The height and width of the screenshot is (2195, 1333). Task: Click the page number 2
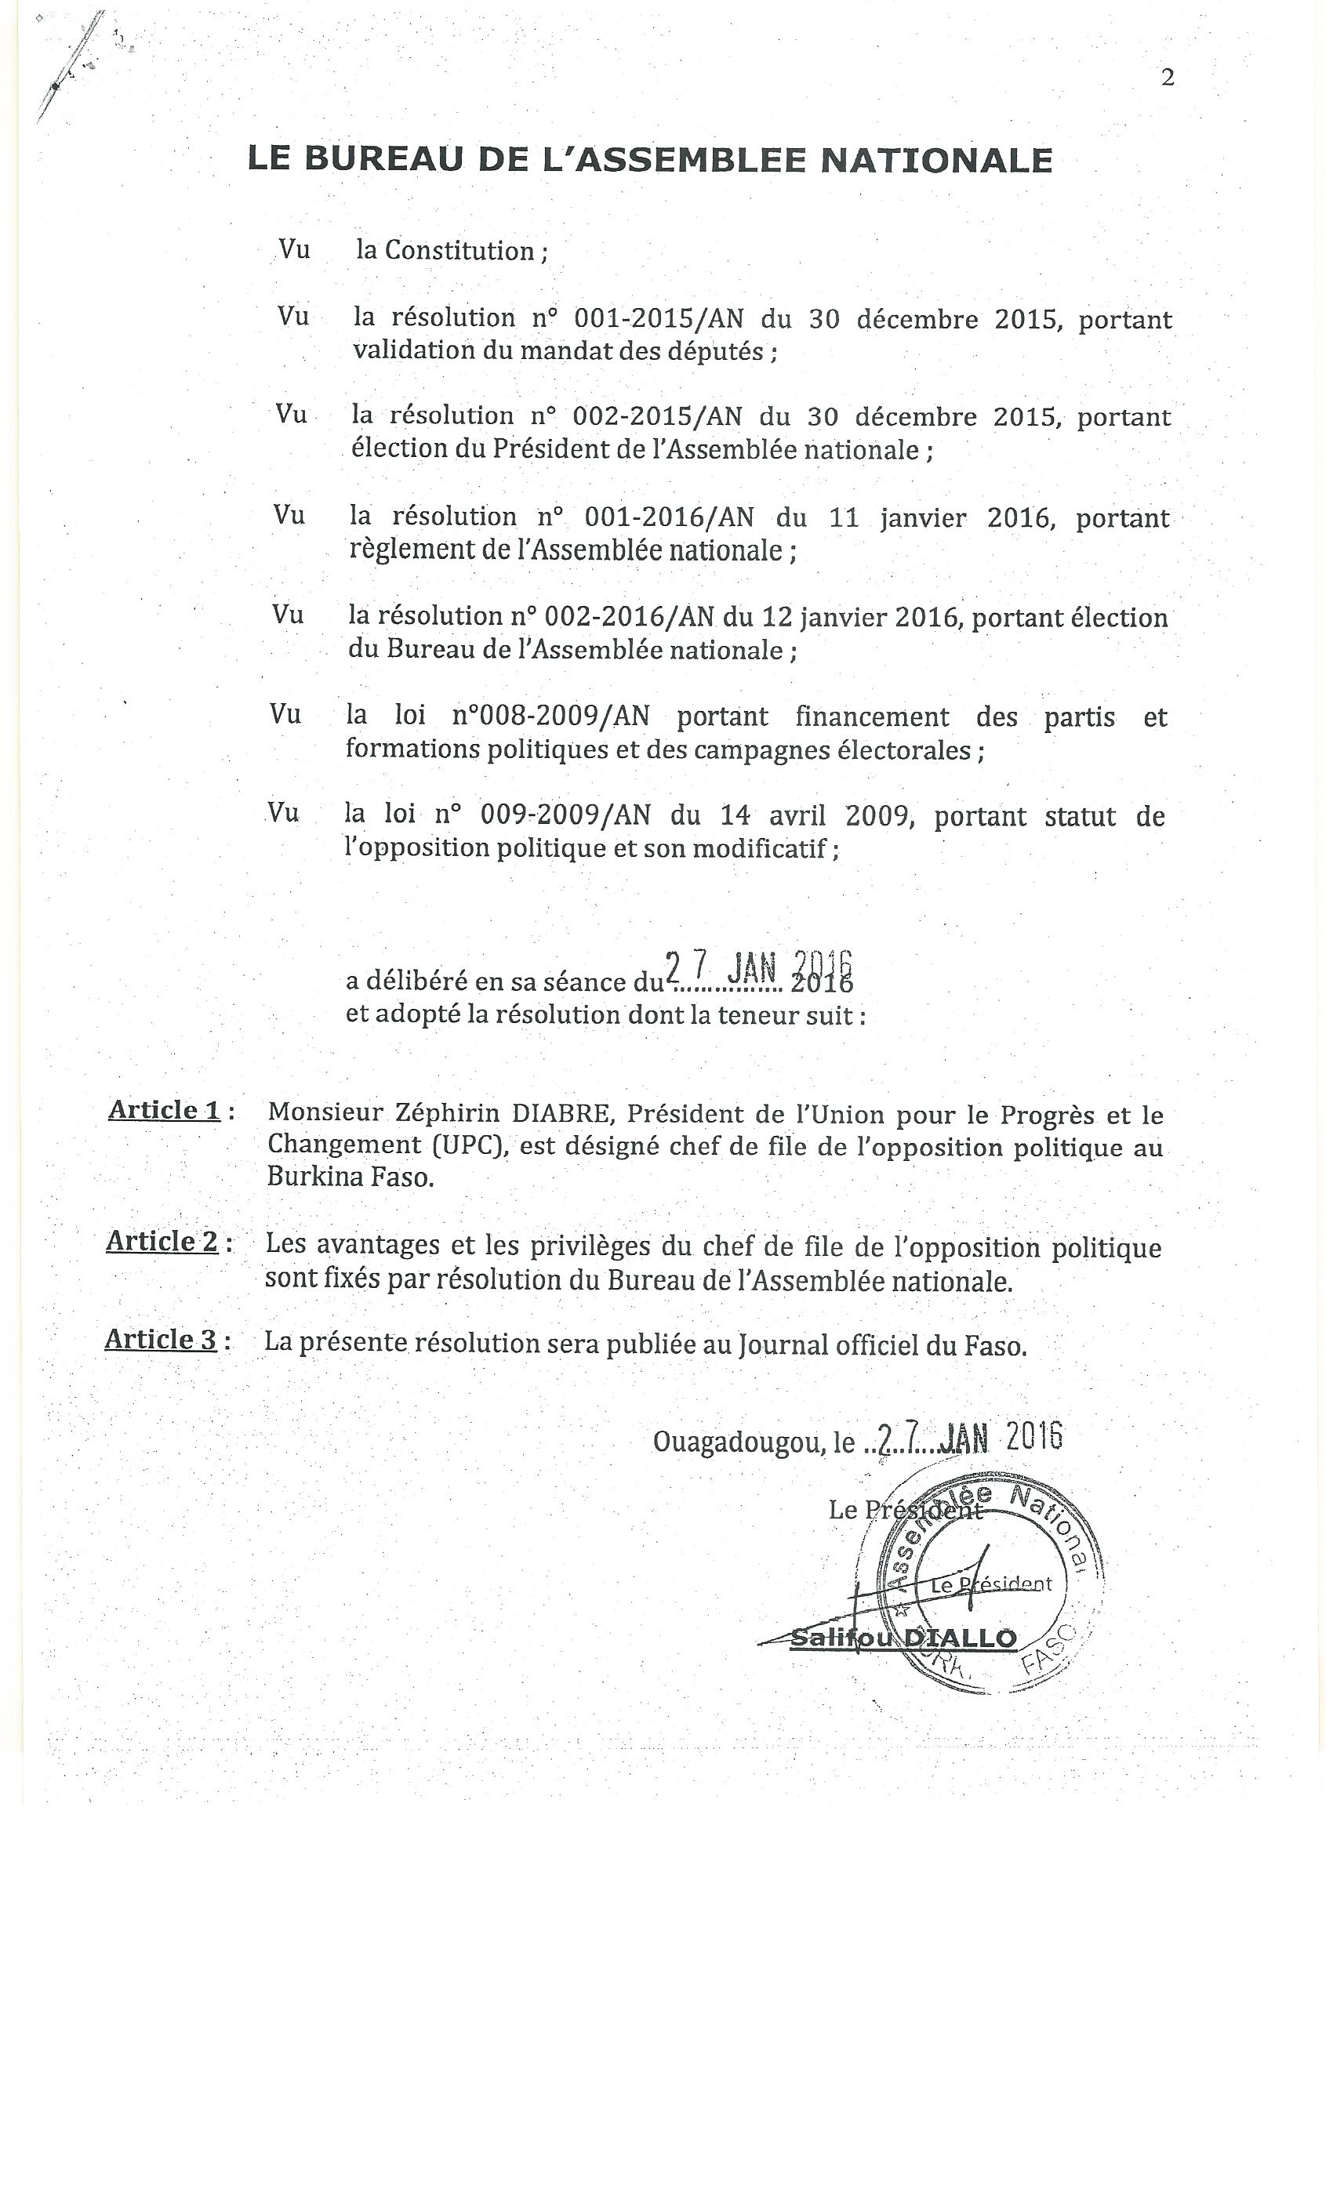pos(1168,78)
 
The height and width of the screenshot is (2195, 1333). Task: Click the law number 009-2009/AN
pos(565,815)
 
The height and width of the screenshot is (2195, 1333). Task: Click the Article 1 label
pos(165,1110)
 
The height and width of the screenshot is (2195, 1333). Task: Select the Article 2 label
pos(162,1241)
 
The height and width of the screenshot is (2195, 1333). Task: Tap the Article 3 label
pos(162,1339)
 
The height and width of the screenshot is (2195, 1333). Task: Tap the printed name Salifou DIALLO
pos(903,1638)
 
